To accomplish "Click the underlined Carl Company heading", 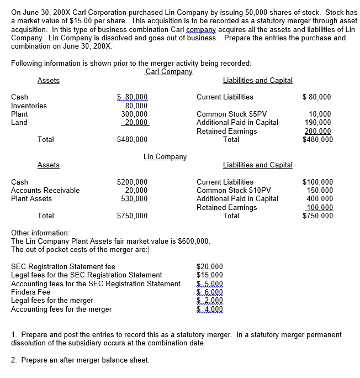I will coord(168,72).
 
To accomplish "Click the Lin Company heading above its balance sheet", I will coord(165,157).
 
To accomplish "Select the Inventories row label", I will coord(29,106).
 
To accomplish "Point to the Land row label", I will coord(19,122).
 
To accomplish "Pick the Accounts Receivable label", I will coord(45,190).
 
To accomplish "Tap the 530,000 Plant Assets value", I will coord(134,198).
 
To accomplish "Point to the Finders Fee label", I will coord(31,292).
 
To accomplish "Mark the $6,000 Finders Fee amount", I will coord(210,292).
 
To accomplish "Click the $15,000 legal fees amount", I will coord(210,275).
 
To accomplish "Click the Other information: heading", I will coord(40,233).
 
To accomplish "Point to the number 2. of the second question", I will coord(14,360).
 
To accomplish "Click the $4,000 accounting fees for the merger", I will coord(210,309).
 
